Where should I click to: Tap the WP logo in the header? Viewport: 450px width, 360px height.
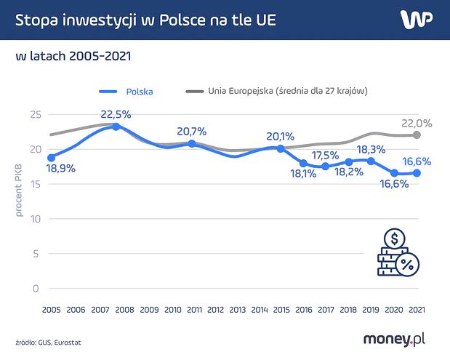[x=417, y=19]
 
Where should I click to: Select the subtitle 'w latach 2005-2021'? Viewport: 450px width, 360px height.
[x=73, y=56]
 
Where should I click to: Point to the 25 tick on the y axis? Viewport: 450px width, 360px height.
[x=36, y=114]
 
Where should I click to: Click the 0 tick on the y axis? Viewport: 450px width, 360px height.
[x=34, y=288]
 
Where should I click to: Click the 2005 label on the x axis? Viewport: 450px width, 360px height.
[x=51, y=309]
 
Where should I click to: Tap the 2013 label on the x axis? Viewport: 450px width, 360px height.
[x=238, y=309]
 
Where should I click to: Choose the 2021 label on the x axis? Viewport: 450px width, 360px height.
[x=417, y=309]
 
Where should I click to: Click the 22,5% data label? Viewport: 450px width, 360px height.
[x=116, y=114]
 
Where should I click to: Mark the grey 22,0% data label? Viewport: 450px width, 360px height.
[x=417, y=124]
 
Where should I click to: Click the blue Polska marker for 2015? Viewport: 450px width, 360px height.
[x=279, y=148]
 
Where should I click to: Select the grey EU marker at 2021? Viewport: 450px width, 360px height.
[x=417, y=135]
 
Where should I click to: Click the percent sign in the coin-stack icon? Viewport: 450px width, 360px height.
[x=407, y=266]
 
